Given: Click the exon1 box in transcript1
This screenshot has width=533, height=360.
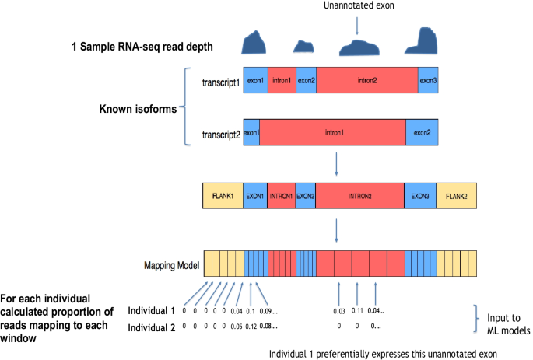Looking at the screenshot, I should pyautogui.click(x=255, y=80).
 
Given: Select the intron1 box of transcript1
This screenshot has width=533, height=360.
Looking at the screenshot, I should pyautogui.click(x=282, y=80).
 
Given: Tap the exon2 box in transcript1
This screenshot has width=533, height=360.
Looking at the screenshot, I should pyautogui.click(x=306, y=80).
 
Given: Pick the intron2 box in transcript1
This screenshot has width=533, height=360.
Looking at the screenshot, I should pyautogui.click(x=366, y=80).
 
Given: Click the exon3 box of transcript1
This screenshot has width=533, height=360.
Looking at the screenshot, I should pyautogui.click(x=428, y=80).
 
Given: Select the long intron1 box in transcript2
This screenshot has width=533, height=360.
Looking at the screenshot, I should pyautogui.click(x=332, y=133).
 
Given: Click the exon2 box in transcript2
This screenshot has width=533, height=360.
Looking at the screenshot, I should pyautogui.click(x=422, y=133).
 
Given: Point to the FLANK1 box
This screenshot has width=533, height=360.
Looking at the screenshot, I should pyautogui.click(x=223, y=195).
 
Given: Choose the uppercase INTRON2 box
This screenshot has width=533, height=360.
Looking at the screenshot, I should pyautogui.click(x=359, y=195).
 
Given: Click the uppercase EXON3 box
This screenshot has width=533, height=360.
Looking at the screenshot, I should pyautogui.click(x=419, y=195).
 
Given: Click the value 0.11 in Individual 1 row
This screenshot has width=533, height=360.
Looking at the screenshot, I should pyautogui.click(x=357, y=311).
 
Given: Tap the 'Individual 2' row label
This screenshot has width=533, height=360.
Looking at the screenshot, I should pyautogui.click(x=151, y=327).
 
